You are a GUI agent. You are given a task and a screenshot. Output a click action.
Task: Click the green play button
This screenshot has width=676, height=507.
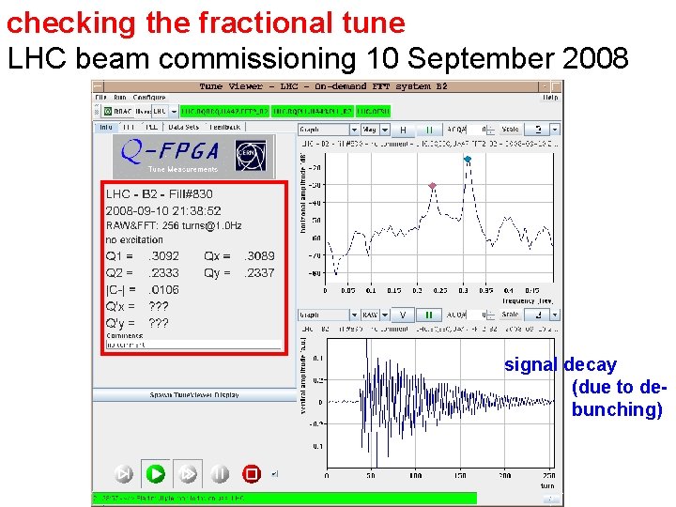point(156,473)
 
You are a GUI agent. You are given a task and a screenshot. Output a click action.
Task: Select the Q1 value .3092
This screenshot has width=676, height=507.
point(164,255)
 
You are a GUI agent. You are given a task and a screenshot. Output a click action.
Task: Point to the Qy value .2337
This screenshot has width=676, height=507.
point(258,272)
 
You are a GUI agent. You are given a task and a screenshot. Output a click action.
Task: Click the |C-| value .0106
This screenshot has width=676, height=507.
point(164,289)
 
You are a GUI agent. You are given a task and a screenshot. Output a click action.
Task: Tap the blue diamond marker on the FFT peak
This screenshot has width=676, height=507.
point(468,160)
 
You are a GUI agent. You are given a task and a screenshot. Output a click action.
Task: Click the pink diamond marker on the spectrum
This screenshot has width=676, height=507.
point(432,186)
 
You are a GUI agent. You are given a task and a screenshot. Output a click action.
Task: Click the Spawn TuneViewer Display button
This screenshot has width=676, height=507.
point(194,394)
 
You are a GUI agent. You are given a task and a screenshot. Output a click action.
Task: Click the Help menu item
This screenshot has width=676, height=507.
point(550,98)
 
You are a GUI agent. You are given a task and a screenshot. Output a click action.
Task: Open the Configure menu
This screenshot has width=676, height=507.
point(149,98)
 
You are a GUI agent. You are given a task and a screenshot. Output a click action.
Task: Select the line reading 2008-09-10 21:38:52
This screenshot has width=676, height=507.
point(163,211)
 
